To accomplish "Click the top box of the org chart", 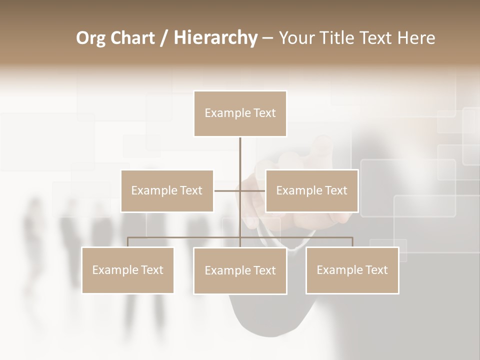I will pyautogui.click(x=240, y=113).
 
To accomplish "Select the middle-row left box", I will pyautogui.click(x=167, y=190).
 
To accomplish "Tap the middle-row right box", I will pyautogui.click(x=311, y=190).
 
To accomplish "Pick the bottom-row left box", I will pyautogui.click(x=127, y=270).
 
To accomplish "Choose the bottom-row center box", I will pyautogui.click(x=240, y=270).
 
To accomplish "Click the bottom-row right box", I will pyautogui.click(x=352, y=270).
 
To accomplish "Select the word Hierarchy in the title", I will pyautogui.click(x=215, y=38).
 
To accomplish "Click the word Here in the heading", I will pyautogui.click(x=416, y=38).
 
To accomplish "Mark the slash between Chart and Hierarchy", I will pyautogui.click(x=164, y=38).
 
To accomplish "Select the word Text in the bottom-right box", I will pyautogui.click(x=376, y=270).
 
